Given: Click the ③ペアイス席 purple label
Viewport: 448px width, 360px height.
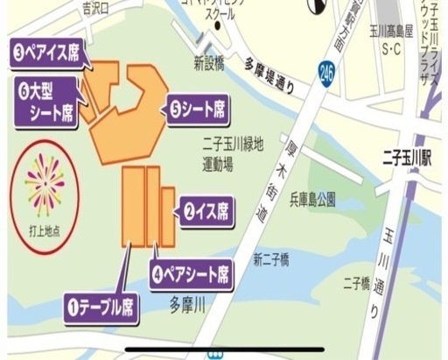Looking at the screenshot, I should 50,53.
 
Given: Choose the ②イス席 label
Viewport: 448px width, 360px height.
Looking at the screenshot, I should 206,210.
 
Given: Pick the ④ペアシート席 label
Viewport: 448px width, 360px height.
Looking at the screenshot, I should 192,272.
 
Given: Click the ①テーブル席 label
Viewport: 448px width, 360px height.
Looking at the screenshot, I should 102,307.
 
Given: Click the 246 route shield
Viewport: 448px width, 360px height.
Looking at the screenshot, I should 327,69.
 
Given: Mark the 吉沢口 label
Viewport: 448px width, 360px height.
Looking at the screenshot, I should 94,8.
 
